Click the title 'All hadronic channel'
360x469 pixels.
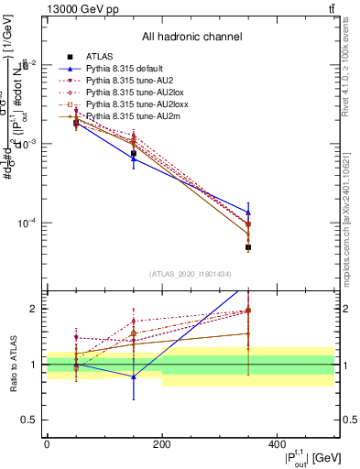(191, 37)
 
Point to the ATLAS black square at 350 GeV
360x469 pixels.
(248, 247)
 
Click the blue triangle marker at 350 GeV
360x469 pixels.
(248, 212)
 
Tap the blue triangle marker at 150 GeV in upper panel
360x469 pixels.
(134, 158)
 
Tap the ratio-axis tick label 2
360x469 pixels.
(35, 309)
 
